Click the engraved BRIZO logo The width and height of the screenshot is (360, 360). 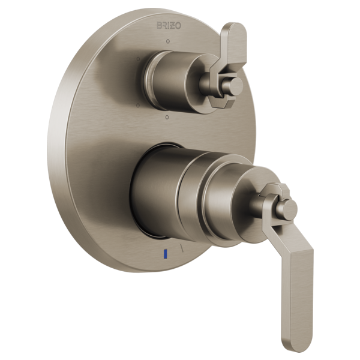(169, 25)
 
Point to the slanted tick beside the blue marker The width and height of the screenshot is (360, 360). (182, 247)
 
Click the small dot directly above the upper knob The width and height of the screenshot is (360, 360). (168, 41)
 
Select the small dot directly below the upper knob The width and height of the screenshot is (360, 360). (167, 118)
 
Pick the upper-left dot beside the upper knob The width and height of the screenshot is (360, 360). (138, 59)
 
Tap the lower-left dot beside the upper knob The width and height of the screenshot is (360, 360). (138, 106)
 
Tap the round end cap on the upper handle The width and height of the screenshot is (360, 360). (235, 85)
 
